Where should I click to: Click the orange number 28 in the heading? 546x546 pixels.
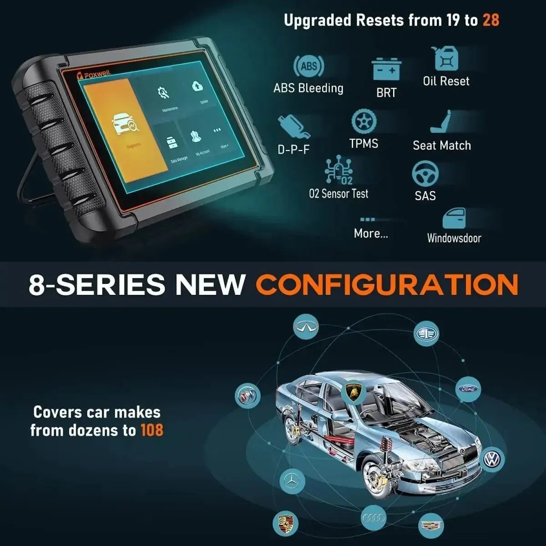[490, 20]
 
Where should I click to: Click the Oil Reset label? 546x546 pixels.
[446, 81]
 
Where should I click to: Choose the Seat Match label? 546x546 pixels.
[442, 146]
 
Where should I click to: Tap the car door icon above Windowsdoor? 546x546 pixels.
[454, 219]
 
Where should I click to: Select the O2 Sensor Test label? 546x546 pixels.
[339, 194]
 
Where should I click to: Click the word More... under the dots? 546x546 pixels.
[371, 234]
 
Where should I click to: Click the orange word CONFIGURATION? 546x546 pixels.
[387, 285]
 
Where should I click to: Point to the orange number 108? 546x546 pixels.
[152, 430]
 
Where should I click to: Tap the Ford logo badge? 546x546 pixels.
[468, 389]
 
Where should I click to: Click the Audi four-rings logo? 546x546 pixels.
[374, 517]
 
